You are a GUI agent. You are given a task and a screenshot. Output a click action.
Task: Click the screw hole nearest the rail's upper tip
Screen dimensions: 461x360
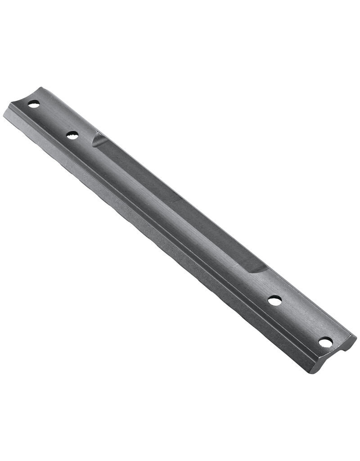point(32,104)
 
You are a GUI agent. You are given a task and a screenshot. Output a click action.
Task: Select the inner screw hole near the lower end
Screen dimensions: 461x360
point(274,300)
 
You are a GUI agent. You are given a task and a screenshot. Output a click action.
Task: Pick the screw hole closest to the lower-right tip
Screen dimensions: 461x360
point(325,343)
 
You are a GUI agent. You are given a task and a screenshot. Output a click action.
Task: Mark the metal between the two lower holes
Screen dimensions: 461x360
point(299,321)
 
